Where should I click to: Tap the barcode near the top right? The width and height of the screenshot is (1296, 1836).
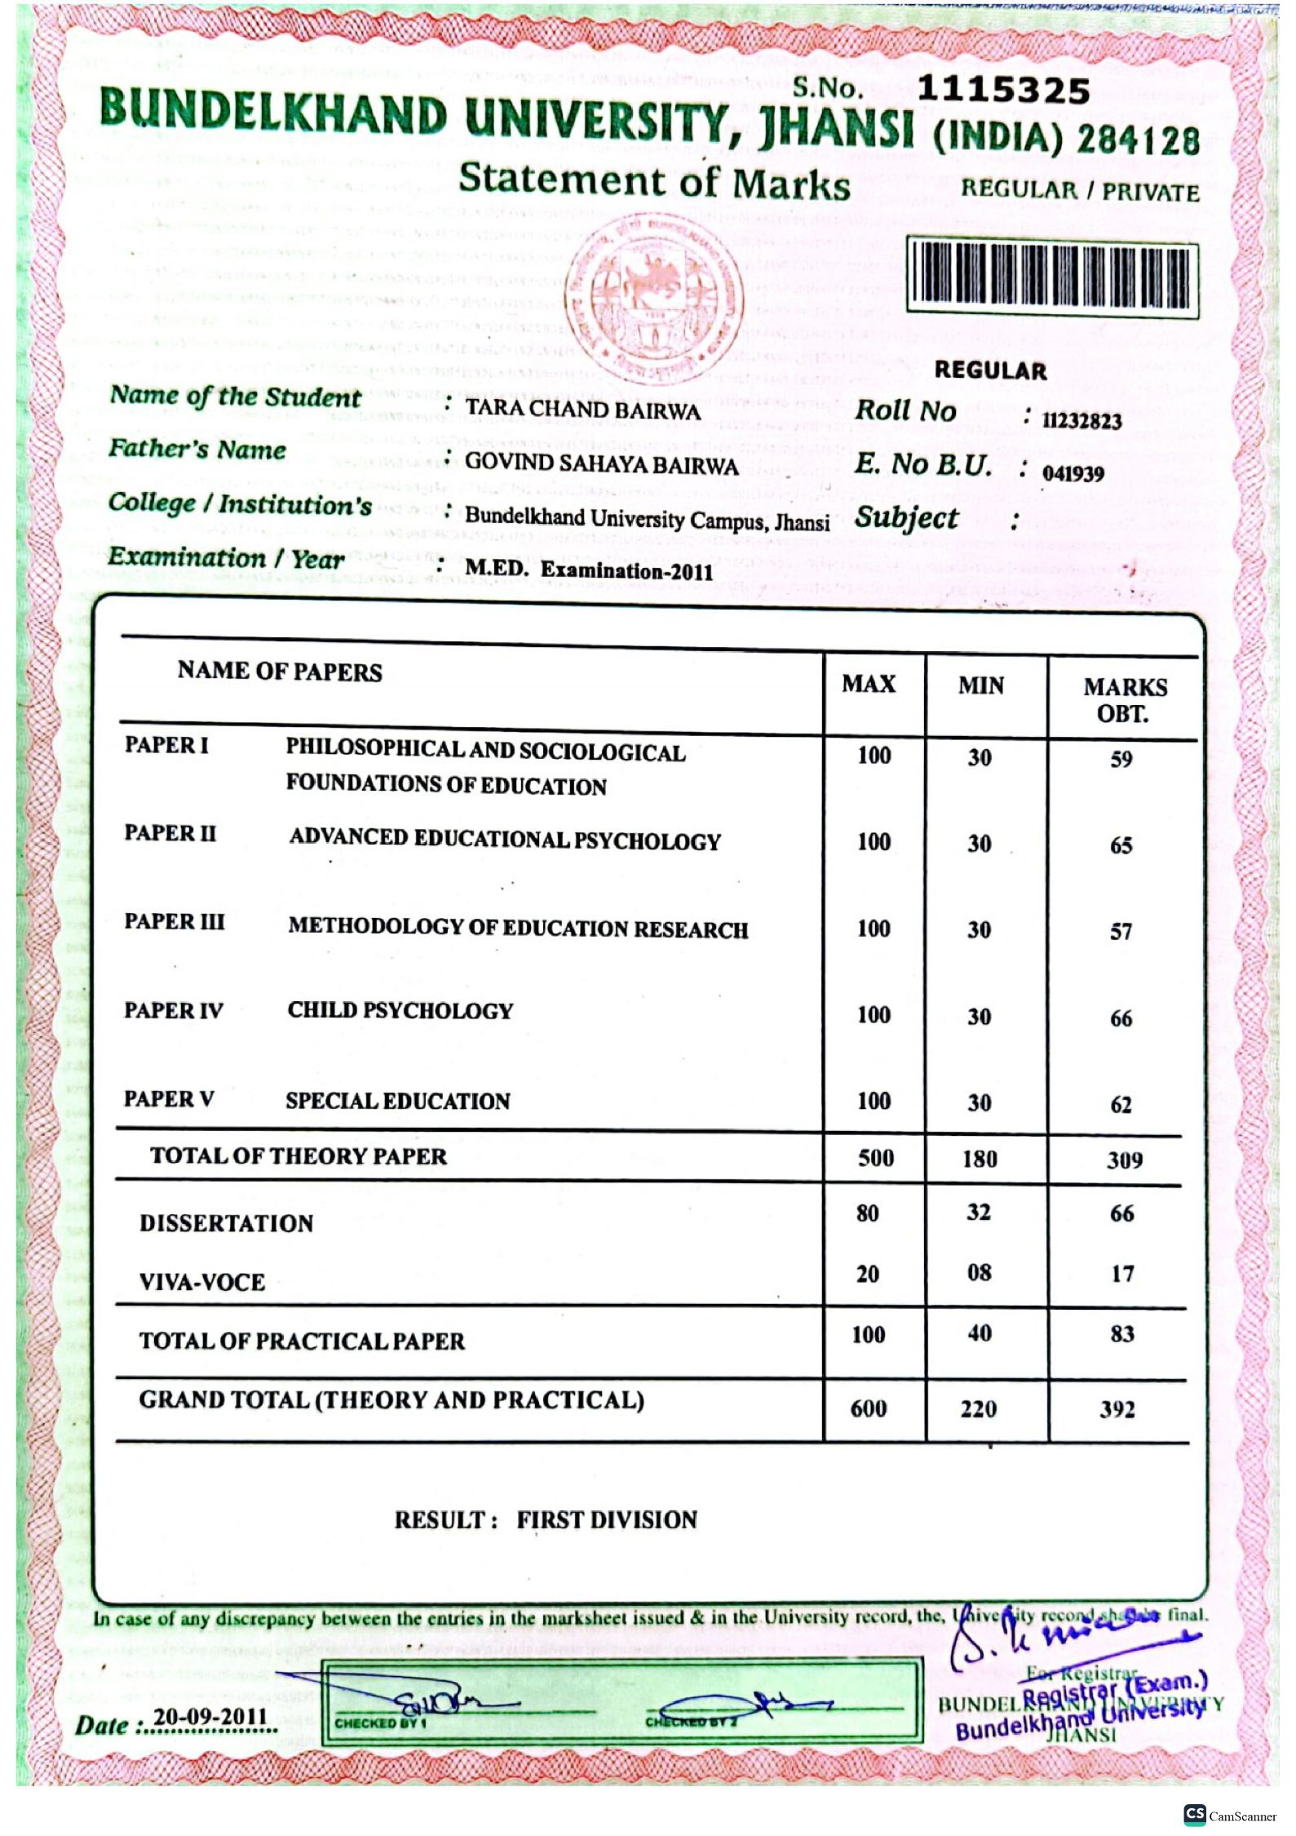(x=1052, y=277)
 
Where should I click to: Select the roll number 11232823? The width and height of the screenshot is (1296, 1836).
(x=1081, y=421)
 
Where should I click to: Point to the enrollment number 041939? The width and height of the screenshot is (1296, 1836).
(x=1073, y=474)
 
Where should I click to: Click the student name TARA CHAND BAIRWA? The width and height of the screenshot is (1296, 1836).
(x=582, y=409)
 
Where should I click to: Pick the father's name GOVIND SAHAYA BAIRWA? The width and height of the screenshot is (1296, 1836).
(x=601, y=463)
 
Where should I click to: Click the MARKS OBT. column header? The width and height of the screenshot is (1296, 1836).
(x=1124, y=700)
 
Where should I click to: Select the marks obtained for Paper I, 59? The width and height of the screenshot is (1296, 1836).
(x=1121, y=760)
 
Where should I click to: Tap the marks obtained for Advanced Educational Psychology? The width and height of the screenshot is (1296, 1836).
(x=1121, y=845)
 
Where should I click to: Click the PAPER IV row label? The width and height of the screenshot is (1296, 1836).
(x=173, y=1011)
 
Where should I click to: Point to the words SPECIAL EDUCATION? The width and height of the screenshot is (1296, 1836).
(x=397, y=1101)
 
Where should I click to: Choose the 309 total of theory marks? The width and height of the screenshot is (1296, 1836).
(x=1124, y=1160)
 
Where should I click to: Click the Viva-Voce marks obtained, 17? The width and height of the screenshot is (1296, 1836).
(x=1122, y=1274)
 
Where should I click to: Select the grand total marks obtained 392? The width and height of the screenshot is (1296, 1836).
(x=1117, y=1409)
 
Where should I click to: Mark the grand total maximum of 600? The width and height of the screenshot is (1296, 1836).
(x=869, y=1408)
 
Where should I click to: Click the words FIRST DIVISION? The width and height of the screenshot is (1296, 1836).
(x=607, y=1520)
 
